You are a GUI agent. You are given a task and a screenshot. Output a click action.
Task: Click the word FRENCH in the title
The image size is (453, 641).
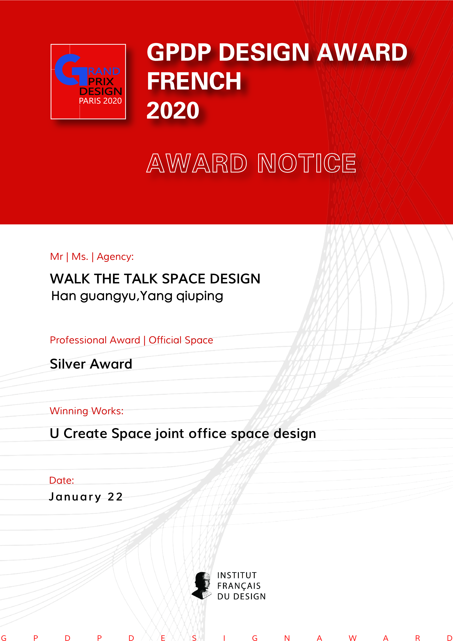click(x=194, y=81)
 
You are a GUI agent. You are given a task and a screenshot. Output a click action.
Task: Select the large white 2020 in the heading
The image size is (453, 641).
click(x=173, y=110)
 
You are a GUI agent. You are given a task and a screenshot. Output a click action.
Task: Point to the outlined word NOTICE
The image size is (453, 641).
click(x=307, y=163)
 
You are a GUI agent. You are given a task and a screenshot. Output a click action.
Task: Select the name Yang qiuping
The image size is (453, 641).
click(x=182, y=296)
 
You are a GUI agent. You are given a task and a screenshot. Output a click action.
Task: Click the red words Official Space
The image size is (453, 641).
click(x=181, y=340)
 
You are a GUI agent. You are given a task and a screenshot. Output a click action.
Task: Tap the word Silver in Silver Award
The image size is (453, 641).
click(x=68, y=364)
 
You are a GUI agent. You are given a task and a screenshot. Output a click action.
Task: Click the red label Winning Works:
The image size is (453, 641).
click(x=87, y=411)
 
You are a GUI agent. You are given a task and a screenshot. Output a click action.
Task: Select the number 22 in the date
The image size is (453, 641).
click(x=115, y=497)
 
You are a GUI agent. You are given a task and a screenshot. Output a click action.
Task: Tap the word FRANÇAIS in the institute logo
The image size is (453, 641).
click(x=239, y=586)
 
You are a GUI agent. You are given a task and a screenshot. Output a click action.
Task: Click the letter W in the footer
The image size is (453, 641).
click(x=353, y=638)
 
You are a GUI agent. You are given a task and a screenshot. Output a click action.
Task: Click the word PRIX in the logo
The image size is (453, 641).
click(x=101, y=81)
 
